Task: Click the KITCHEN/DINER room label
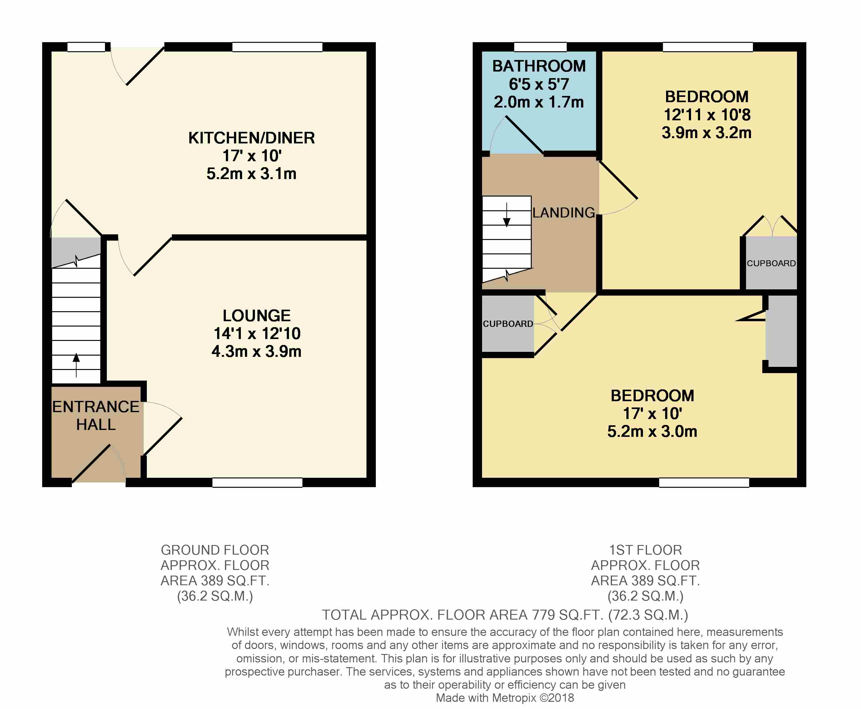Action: point(251,138)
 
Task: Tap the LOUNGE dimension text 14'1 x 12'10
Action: point(257,334)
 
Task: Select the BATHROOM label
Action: point(539,66)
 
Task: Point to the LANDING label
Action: point(563,213)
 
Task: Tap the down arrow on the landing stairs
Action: point(507,215)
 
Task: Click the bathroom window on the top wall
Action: point(540,47)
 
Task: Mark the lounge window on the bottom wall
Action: point(257,482)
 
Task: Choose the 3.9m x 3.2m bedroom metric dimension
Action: point(706,133)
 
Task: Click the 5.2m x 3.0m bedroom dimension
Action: point(652,431)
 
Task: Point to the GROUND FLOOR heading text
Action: point(215,550)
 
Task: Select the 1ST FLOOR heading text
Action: point(645,550)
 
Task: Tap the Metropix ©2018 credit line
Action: point(505,698)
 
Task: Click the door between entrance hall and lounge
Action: point(162,436)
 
